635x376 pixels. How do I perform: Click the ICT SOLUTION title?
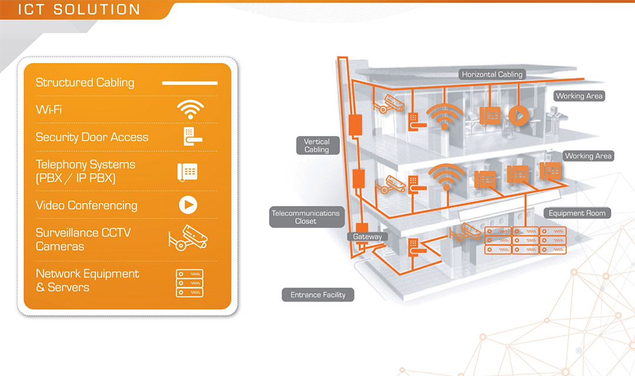click(79, 9)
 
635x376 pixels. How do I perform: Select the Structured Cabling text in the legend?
click(85, 83)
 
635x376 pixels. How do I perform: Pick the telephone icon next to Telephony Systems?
click(188, 171)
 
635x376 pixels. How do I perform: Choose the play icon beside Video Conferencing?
click(188, 205)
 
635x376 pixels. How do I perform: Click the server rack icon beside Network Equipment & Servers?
click(189, 282)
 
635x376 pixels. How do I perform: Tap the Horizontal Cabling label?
click(492, 75)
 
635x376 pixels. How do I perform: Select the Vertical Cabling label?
click(317, 145)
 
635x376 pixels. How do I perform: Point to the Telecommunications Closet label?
click(305, 217)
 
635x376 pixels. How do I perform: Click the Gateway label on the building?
click(367, 237)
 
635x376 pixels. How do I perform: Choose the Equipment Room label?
click(577, 213)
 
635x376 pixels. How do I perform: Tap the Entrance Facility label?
click(318, 295)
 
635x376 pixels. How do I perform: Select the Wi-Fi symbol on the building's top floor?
click(446, 116)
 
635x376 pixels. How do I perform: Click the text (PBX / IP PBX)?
click(76, 178)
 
